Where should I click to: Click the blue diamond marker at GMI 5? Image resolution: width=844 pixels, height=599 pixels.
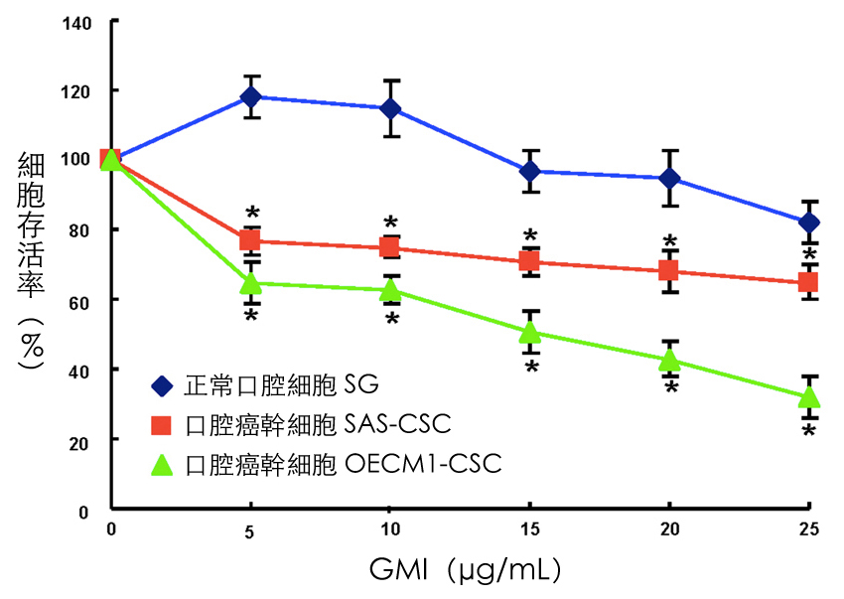click(x=251, y=97)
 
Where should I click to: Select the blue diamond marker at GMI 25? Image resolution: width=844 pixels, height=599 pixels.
click(x=809, y=222)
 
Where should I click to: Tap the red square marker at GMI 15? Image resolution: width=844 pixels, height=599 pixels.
click(x=530, y=261)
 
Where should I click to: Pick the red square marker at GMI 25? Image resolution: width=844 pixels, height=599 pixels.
click(x=809, y=282)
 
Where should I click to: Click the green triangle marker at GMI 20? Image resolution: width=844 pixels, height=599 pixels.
click(x=670, y=359)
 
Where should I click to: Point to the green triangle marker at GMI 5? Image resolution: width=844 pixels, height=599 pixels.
click(x=251, y=282)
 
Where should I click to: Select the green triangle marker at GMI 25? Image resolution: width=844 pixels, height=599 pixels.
click(x=809, y=396)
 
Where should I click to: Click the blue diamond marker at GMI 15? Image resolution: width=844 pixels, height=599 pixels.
click(x=530, y=171)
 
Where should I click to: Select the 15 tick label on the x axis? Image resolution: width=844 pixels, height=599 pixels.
click(x=530, y=528)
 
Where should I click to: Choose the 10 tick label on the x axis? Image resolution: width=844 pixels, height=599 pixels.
click(x=390, y=528)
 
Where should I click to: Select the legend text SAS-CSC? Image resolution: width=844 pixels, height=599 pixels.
click(x=394, y=425)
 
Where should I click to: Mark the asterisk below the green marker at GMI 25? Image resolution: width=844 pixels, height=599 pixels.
click(x=809, y=432)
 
